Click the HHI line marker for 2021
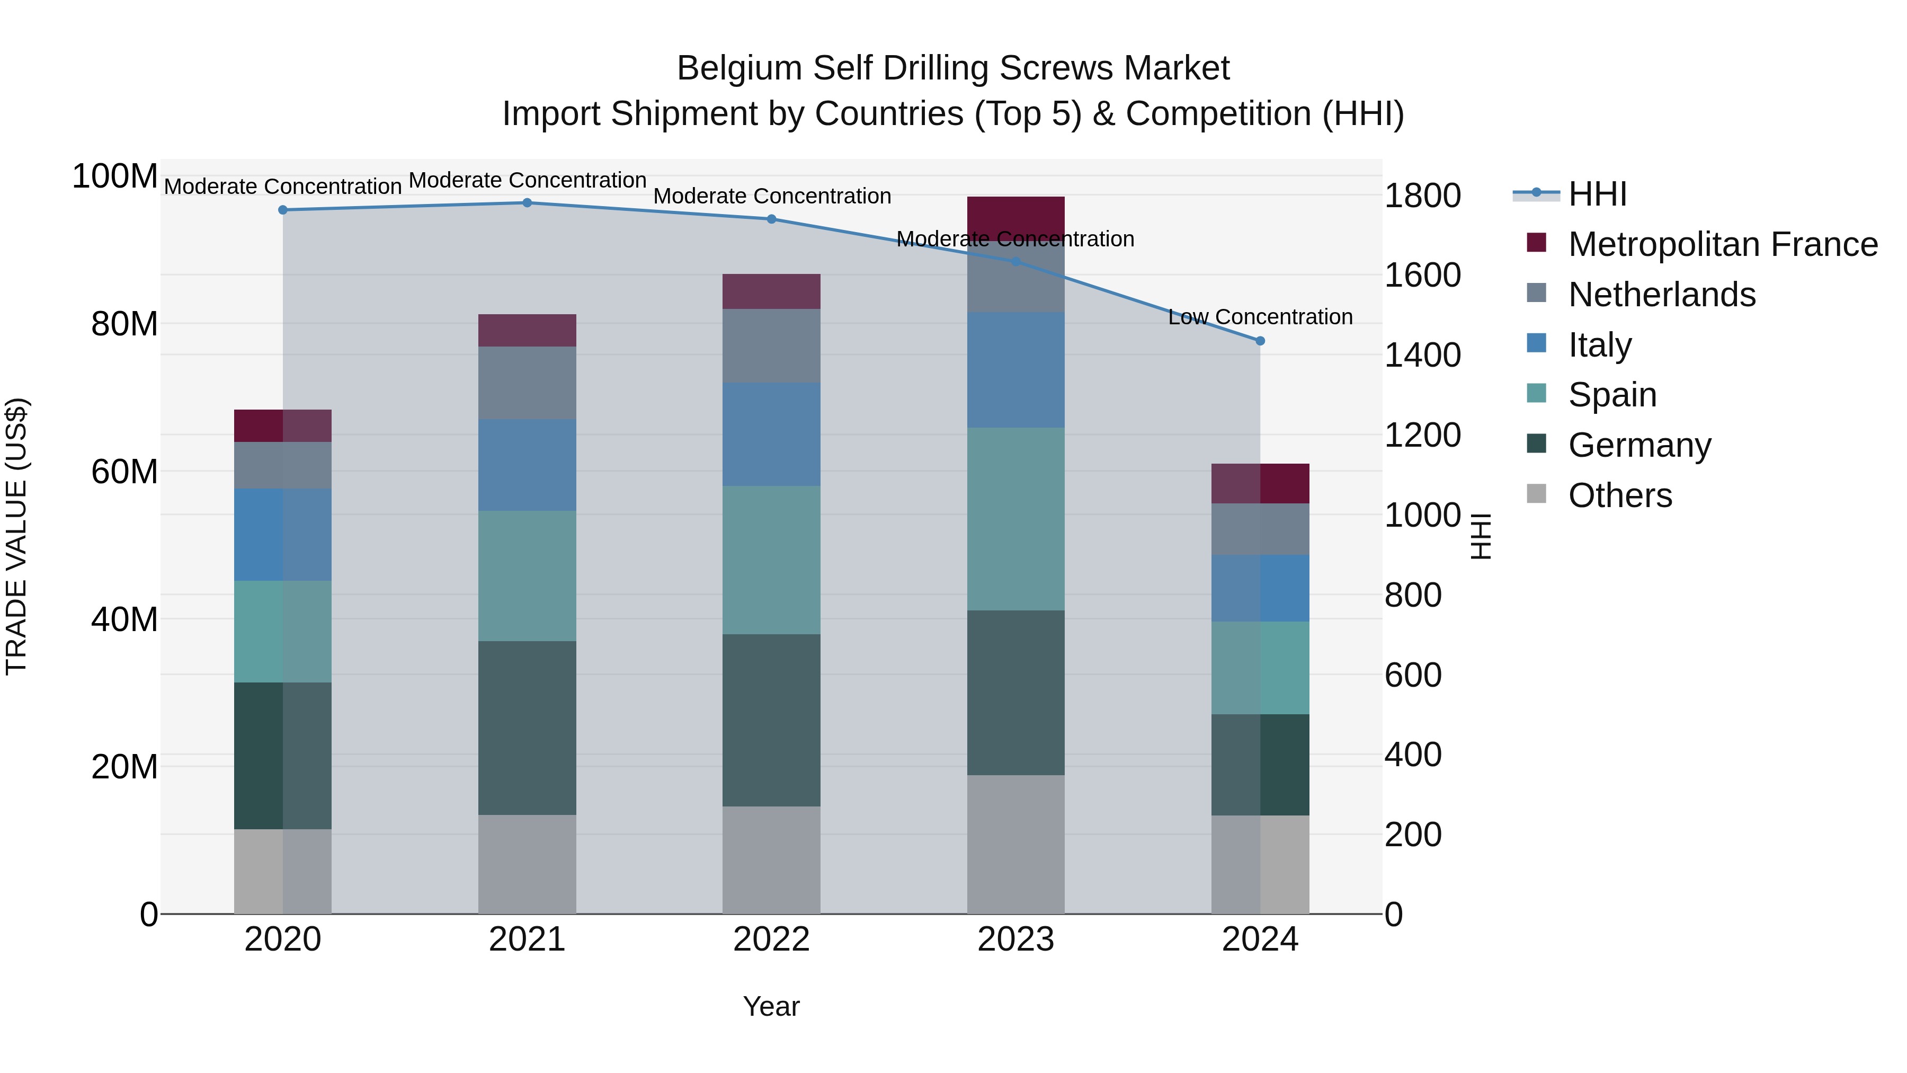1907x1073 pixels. (x=527, y=203)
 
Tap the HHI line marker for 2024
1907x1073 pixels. (x=1260, y=341)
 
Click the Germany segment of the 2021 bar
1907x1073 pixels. (x=527, y=728)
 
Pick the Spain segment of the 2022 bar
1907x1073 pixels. (x=771, y=560)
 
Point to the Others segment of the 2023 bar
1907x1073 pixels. (x=1015, y=844)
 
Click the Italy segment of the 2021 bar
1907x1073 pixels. (x=527, y=465)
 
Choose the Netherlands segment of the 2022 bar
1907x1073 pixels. (x=771, y=346)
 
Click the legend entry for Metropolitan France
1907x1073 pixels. (x=1722, y=244)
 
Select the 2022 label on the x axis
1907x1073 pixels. (x=771, y=939)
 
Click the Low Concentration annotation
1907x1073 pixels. (x=1260, y=317)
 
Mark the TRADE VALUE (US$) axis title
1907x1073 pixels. (x=16, y=536)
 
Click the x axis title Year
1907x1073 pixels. (x=771, y=1006)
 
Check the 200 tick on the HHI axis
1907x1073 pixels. (x=1412, y=835)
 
